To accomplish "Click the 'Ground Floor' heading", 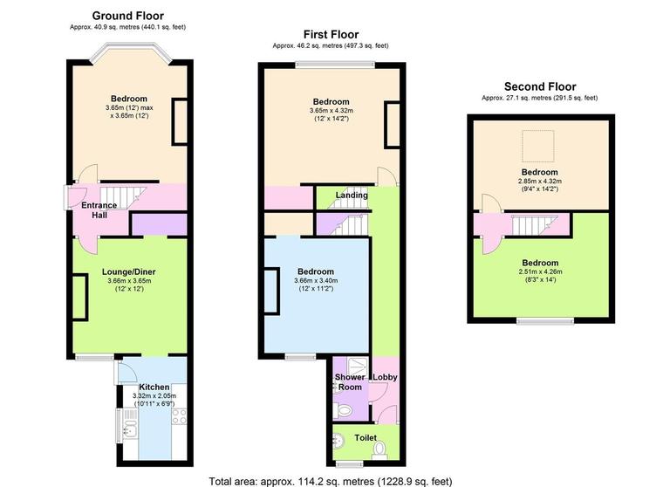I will [x=127, y=15].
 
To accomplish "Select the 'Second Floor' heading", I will [x=539, y=86].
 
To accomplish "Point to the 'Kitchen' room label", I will [x=153, y=386].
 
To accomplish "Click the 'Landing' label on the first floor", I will [x=352, y=195].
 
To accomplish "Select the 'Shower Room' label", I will [x=349, y=382].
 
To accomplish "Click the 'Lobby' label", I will [x=385, y=377].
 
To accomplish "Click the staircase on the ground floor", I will [x=114, y=196].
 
